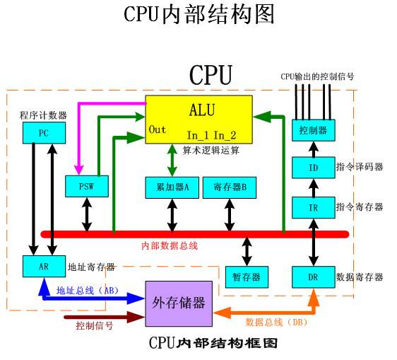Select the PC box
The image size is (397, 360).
pyautogui.click(x=42, y=132)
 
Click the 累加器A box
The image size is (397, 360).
pyautogui.click(x=172, y=187)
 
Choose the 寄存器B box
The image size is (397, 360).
pyautogui.click(x=229, y=187)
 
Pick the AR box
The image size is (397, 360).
pyautogui.click(x=42, y=267)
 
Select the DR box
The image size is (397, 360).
pyautogui.click(x=312, y=277)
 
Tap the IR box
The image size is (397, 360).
pyautogui.click(x=312, y=207)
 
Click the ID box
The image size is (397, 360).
pyautogui.click(x=312, y=168)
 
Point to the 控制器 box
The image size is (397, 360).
pyautogui.click(x=312, y=130)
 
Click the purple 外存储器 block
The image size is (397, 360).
pyautogui.click(x=179, y=303)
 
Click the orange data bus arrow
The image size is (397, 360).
pyautogui.click(x=261, y=311)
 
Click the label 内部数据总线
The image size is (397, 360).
pyautogui.click(x=170, y=245)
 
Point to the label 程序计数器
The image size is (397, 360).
pyautogui.click(x=42, y=114)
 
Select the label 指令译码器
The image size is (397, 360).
pyautogui.click(x=360, y=168)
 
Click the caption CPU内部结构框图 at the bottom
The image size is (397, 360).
pyautogui.click(x=212, y=343)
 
